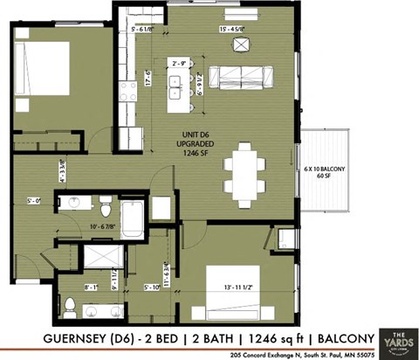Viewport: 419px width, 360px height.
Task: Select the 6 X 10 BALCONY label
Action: point(325,170)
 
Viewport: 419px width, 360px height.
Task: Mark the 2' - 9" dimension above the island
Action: point(182,63)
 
